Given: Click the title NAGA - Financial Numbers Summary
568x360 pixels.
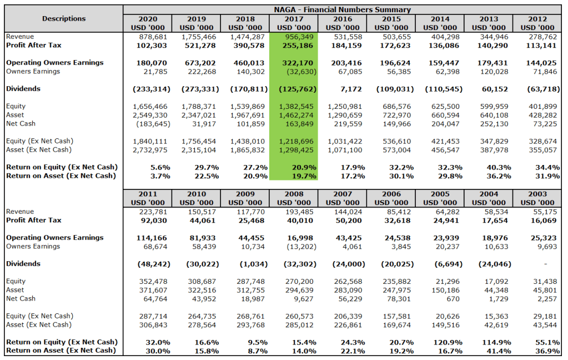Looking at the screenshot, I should click(x=342, y=9).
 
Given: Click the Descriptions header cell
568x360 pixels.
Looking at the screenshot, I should click(x=64, y=18).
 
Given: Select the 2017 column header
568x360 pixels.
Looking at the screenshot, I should click(x=294, y=23).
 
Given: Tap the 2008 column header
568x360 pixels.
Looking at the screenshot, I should click(x=294, y=198).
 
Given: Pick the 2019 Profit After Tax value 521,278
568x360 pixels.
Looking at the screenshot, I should click(x=198, y=45).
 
